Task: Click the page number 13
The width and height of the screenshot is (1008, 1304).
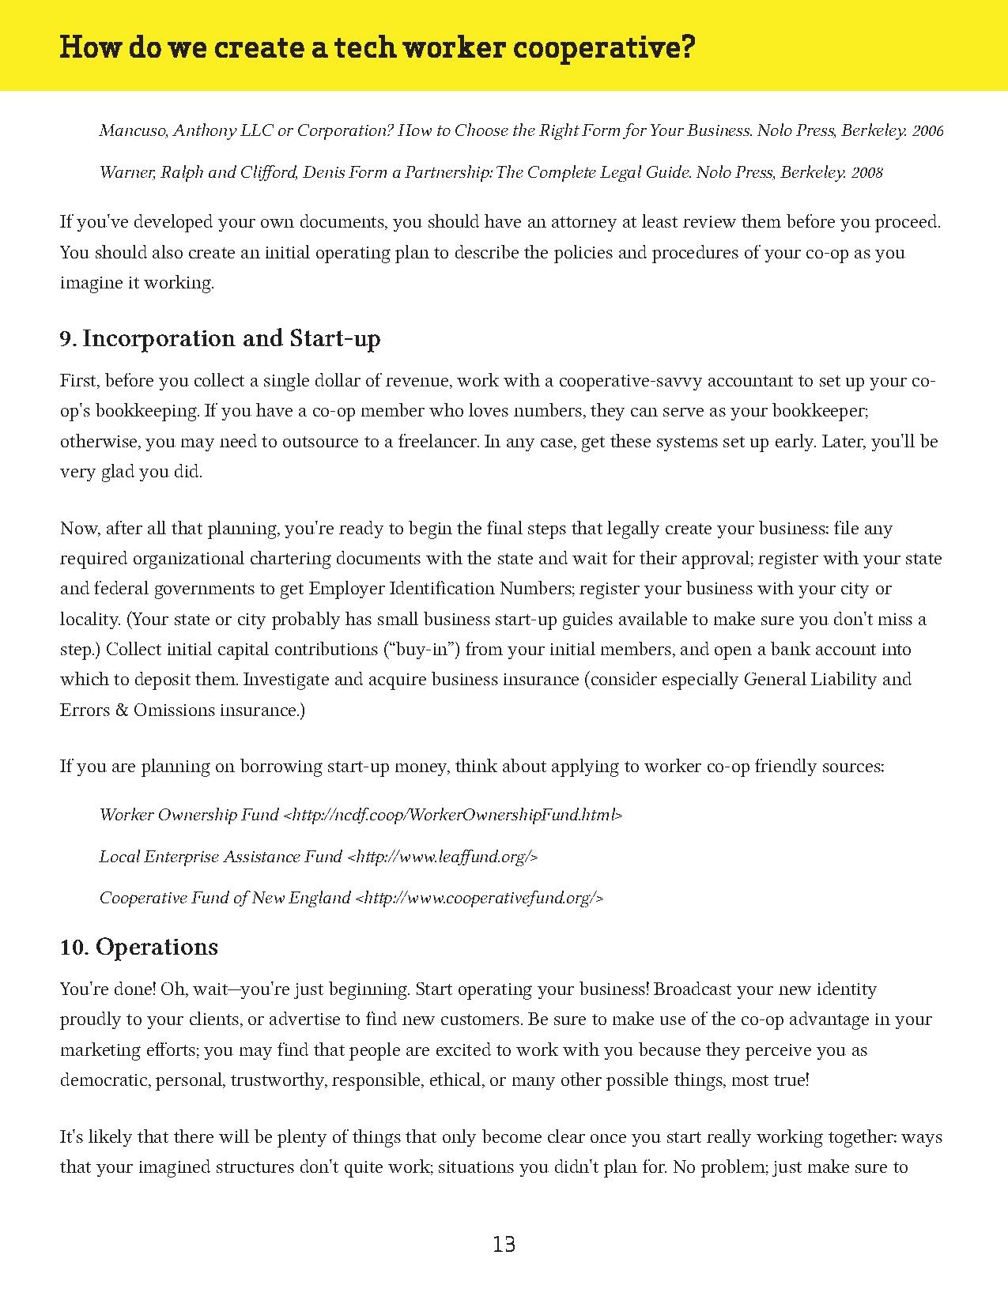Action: click(504, 1245)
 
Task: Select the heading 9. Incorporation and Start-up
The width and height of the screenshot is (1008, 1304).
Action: click(220, 338)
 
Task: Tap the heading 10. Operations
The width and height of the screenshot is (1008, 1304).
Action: click(139, 947)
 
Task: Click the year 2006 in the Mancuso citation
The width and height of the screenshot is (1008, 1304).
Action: click(927, 131)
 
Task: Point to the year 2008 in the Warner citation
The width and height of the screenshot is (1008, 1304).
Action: click(866, 172)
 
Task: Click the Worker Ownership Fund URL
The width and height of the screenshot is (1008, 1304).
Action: click(453, 815)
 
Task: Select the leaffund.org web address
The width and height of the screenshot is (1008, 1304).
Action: click(443, 857)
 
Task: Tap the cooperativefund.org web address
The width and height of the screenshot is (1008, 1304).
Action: click(480, 898)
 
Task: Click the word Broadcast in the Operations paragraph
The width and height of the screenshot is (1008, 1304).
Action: click(693, 989)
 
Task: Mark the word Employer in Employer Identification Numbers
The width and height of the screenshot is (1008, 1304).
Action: click(347, 589)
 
